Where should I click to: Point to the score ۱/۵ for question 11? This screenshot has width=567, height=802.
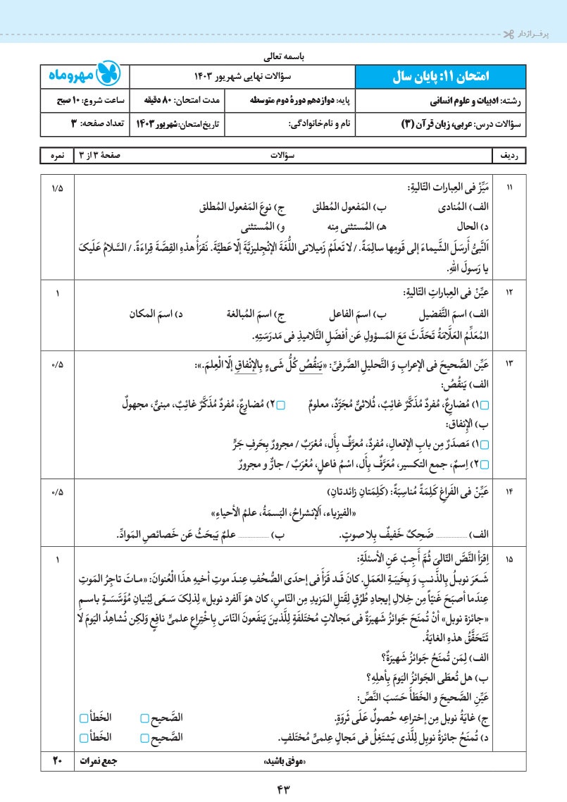(57, 187)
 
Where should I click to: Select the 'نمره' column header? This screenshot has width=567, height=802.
(57, 154)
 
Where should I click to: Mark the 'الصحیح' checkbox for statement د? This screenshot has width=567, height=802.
(144, 738)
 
